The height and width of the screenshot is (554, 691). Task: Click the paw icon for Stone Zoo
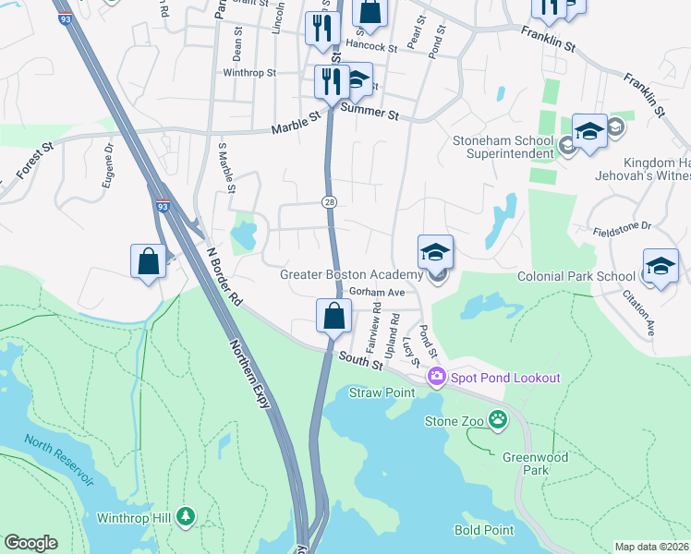[x=498, y=420]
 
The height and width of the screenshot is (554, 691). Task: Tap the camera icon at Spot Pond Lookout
[x=436, y=378]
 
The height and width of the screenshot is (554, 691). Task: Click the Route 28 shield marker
[x=328, y=201]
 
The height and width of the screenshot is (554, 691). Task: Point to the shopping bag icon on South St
[x=333, y=315]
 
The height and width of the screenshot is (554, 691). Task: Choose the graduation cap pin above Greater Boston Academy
[x=436, y=251]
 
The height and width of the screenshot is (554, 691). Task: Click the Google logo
[x=30, y=543]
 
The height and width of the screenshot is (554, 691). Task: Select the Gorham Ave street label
[x=378, y=292]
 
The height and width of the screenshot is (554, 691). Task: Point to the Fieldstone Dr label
[x=622, y=225]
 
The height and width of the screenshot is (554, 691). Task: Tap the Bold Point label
[x=484, y=530]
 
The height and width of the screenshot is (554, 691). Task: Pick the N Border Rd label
[x=224, y=275]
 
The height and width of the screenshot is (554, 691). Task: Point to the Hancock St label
[x=370, y=45]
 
